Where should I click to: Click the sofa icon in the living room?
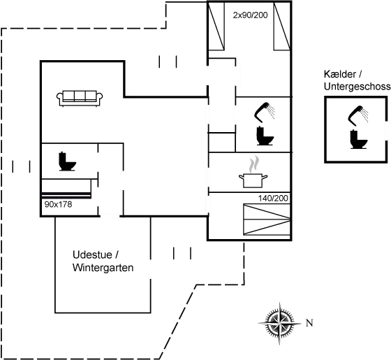click(x=80, y=99)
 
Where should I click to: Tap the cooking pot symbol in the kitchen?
click(x=253, y=180)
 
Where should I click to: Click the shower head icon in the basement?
click(x=358, y=115)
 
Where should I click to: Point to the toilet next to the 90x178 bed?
click(x=67, y=161)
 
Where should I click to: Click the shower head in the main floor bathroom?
click(x=265, y=112)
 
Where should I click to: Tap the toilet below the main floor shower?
click(x=265, y=136)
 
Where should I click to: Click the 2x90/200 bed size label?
click(x=250, y=15)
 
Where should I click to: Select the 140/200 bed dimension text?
click(x=273, y=199)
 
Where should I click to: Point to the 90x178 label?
click(x=58, y=204)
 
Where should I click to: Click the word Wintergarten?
click(x=103, y=268)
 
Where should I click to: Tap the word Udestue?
click(x=92, y=255)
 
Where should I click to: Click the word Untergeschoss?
click(x=357, y=87)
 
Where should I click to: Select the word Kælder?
click(x=339, y=74)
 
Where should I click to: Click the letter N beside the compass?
click(x=309, y=323)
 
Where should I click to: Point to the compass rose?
click(x=279, y=323)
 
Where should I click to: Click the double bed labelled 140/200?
click(x=267, y=219)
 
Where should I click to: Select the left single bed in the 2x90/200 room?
click(x=216, y=26)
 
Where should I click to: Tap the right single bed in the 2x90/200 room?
click(x=282, y=26)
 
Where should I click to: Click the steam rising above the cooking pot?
click(x=254, y=164)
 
